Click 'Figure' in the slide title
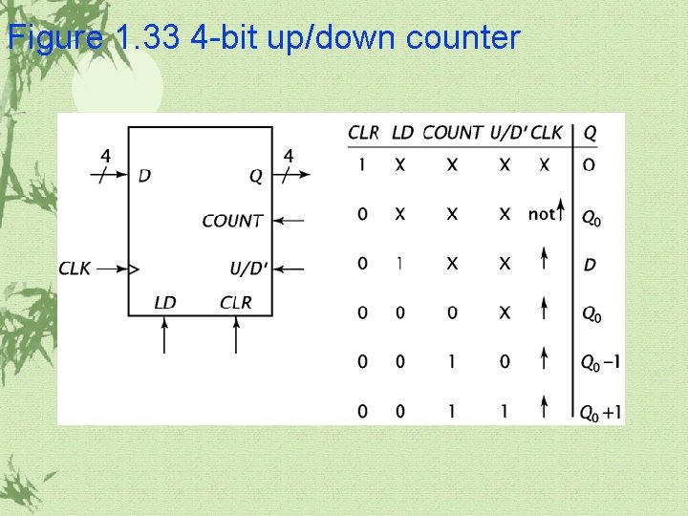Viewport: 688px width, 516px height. point(55,38)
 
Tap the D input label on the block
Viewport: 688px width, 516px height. point(144,175)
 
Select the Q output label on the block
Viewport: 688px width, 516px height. point(255,175)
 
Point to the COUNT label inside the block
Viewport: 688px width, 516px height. point(232,221)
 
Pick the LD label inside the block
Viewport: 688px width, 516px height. point(164,303)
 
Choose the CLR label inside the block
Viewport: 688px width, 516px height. point(236,303)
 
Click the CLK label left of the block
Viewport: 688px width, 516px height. point(75,269)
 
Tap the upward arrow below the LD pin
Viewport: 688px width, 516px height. point(164,336)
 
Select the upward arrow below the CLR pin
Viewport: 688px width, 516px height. point(236,336)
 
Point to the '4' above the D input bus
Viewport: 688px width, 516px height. point(105,156)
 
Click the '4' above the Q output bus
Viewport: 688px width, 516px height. point(290,156)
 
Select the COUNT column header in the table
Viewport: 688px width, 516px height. point(452,133)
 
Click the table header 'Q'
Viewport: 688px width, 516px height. point(590,133)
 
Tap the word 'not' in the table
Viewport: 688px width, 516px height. point(541,215)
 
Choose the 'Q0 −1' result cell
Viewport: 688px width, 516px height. point(602,362)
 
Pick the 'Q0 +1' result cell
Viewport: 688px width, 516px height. point(602,413)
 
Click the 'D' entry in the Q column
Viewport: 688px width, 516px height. point(589,265)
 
